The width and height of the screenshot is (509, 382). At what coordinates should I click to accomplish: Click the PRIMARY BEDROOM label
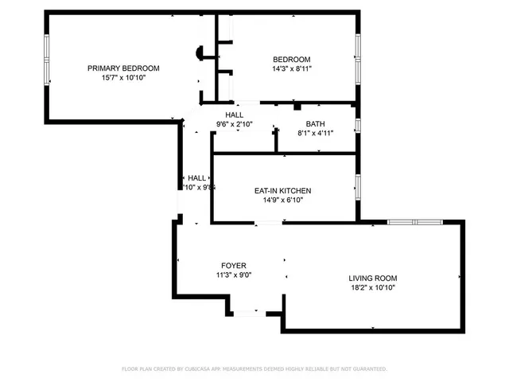coord(123,68)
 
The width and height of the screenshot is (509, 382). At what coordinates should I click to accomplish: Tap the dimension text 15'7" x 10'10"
coord(123,78)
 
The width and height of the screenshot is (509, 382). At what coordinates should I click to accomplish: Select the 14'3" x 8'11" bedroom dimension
coord(292,69)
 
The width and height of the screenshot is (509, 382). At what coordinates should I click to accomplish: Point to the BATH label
coord(315,123)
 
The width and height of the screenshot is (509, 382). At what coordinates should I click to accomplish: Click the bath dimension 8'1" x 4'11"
coord(315,133)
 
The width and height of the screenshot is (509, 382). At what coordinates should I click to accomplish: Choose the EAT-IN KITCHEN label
coord(282,191)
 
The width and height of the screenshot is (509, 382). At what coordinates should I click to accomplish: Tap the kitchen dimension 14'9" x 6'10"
coord(282,201)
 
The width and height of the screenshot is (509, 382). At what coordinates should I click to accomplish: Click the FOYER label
coord(234,266)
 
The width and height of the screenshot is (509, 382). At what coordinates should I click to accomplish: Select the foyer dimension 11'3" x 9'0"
coord(234,275)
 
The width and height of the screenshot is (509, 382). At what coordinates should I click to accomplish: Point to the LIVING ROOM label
coord(372,278)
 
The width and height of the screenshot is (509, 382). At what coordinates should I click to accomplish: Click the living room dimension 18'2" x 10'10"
coord(372,287)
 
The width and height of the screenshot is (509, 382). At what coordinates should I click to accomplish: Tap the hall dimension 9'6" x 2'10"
coord(235,124)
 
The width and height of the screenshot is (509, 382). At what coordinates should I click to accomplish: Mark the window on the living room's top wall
coord(414,222)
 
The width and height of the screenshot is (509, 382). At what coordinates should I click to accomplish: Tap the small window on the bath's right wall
coord(358,126)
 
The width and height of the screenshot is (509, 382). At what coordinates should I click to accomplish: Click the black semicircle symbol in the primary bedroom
coord(200,53)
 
